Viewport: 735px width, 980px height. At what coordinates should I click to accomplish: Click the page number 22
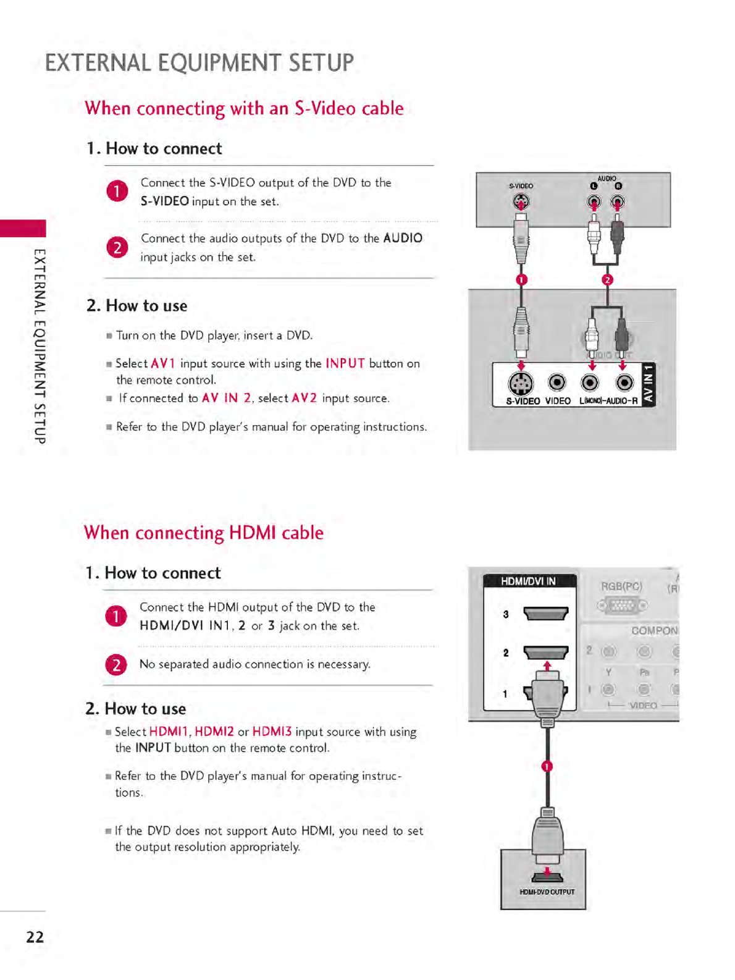(x=35, y=937)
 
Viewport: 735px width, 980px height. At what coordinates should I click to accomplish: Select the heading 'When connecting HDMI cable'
(x=204, y=533)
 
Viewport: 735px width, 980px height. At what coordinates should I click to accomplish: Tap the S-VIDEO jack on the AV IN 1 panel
(x=521, y=384)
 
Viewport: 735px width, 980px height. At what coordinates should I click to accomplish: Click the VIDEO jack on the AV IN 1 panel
(x=557, y=383)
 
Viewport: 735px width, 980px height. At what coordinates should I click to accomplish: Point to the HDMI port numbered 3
(x=545, y=614)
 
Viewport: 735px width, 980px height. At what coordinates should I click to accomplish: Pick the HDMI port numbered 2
(x=545, y=653)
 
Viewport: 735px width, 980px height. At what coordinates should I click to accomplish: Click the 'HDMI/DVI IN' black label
(x=529, y=581)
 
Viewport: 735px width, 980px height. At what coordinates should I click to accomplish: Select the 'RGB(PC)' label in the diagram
(x=621, y=586)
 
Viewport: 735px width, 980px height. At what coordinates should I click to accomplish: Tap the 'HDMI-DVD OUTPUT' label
(x=547, y=892)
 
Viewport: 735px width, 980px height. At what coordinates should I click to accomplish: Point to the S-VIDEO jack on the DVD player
(x=521, y=201)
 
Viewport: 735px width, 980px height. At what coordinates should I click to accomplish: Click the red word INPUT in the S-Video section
(x=345, y=363)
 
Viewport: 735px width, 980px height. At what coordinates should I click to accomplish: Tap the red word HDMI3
(x=272, y=732)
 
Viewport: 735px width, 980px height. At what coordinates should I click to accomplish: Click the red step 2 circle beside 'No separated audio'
(x=116, y=665)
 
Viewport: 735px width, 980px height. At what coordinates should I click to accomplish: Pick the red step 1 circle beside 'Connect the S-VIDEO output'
(x=117, y=191)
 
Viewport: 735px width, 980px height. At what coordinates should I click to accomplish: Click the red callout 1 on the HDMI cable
(x=547, y=766)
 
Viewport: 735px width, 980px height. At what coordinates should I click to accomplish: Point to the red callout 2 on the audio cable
(x=607, y=280)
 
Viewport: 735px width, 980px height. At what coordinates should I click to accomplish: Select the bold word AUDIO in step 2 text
(x=403, y=238)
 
